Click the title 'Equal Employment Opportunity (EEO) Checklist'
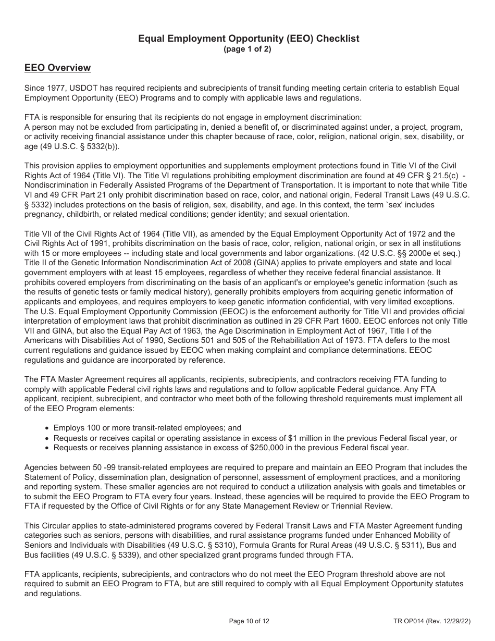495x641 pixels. pos(248,39)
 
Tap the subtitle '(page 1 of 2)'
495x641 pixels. pos(247,50)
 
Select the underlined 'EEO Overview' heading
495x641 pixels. pos(58,68)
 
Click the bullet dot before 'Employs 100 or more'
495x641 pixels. pos(48,428)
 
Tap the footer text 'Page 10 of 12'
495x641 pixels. pos(249,621)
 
